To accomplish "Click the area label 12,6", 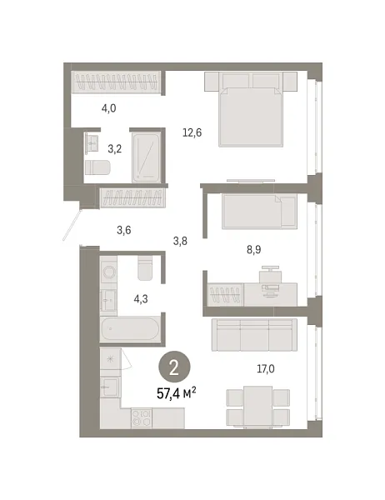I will tap(193, 130).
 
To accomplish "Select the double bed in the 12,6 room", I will tap(251, 109).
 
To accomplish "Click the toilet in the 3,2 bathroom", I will tap(97, 167).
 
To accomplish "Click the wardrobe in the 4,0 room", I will tap(116, 84).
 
